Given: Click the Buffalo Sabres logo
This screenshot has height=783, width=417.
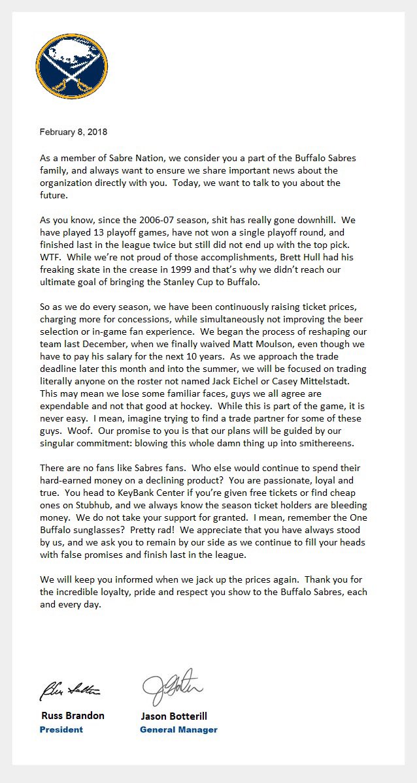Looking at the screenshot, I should [x=72, y=66].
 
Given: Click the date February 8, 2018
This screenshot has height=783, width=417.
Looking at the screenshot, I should [x=73, y=132].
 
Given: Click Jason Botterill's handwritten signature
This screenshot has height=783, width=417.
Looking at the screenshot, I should [x=173, y=685].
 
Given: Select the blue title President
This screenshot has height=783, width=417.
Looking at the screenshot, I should [x=61, y=729].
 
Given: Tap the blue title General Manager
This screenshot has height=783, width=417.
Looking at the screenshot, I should [x=178, y=729].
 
